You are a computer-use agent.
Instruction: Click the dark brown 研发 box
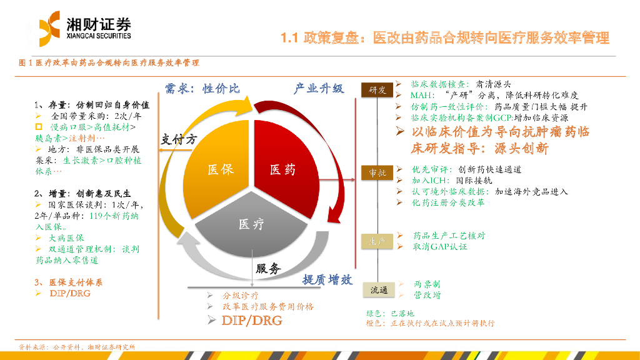pyautogui.click(x=377, y=90)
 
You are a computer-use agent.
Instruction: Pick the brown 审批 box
pyautogui.click(x=377, y=173)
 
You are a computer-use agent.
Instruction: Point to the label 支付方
pyautogui.click(x=179, y=139)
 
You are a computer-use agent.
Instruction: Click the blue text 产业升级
pyautogui.click(x=319, y=89)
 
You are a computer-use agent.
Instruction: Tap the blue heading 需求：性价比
pyautogui.click(x=202, y=89)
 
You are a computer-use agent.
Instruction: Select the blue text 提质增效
pyautogui.click(x=328, y=280)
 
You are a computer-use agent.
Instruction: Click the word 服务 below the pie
pyautogui.click(x=268, y=269)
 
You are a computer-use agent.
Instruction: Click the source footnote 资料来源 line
pyautogui.click(x=77, y=347)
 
